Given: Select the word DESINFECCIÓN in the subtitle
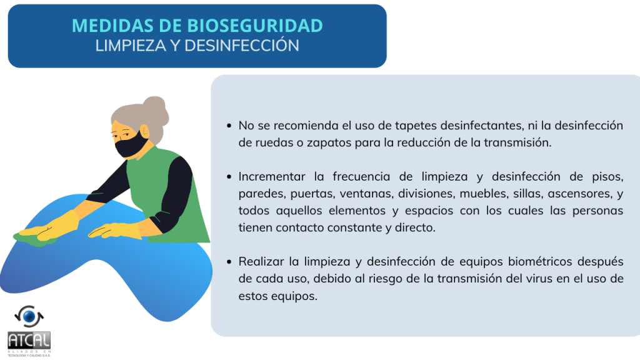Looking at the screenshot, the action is tap(242, 45).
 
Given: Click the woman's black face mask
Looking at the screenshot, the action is tap(131, 145).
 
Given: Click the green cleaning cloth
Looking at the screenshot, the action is tap(35, 239).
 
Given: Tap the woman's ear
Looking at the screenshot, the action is tap(145, 132).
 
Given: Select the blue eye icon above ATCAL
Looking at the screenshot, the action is tap(29, 316).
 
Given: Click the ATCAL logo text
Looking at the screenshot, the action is tap(29, 340).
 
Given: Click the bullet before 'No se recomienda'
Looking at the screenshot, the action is tap(229, 126).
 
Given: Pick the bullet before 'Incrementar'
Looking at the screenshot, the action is tap(229, 177).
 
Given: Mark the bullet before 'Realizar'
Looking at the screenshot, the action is tap(229, 262).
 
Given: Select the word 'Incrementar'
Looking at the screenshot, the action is tap(272, 176).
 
